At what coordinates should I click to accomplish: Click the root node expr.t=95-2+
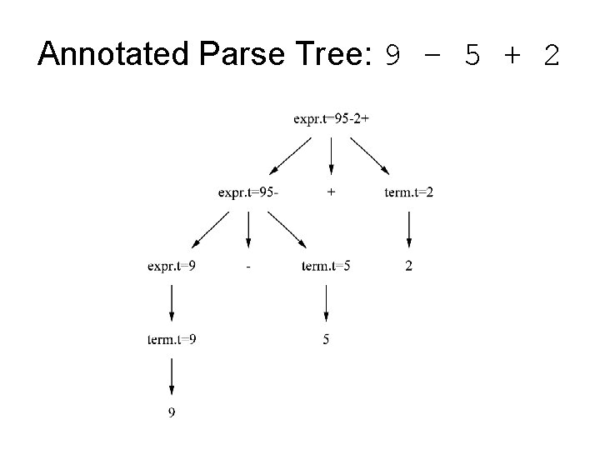click(x=331, y=119)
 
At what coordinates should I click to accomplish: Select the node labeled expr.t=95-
click(x=248, y=192)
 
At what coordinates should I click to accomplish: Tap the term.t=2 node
click(x=409, y=192)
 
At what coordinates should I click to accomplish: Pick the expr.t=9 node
click(x=171, y=266)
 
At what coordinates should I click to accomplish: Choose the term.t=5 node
click(x=326, y=266)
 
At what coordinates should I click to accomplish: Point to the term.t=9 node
click(x=171, y=339)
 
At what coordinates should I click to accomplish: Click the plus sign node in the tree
click(x=332, y=192)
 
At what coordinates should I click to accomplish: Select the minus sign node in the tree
click(x=249, y=267)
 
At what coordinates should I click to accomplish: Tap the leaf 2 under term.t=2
click(x=409, y=266)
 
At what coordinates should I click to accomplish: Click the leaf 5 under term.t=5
click(x=326, y=339)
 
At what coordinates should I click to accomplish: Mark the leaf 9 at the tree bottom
click(x=171, y=412)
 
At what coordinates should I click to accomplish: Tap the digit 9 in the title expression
click(x=392, y=56)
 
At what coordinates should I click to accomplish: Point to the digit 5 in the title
click(x=472, y=56)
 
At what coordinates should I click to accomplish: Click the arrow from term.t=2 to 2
click(x=409, y=229)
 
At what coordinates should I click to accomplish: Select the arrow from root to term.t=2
click(x=369, y=156)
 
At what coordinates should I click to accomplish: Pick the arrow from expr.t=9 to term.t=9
click(x=171, y=302)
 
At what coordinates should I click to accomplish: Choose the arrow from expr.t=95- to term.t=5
click(x=287, y=229)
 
